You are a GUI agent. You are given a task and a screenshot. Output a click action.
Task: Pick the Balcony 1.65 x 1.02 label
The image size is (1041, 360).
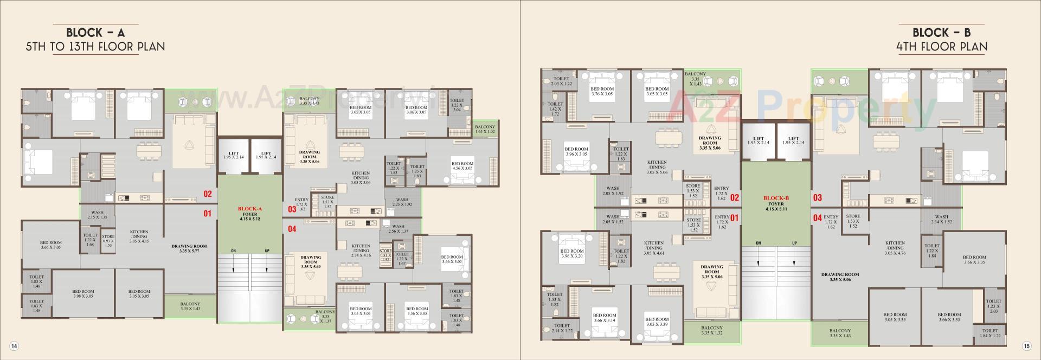(x=485, y=128)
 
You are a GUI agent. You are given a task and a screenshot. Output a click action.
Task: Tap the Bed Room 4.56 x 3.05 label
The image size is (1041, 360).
(x=462, y=166)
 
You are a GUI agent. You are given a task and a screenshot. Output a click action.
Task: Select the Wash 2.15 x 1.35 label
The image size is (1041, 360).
(x=97, y=215)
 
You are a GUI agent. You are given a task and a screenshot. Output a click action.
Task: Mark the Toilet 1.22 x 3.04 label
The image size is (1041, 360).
(x=457, y=105)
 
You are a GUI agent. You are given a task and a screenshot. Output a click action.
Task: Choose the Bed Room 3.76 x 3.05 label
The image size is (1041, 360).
(x=602, y=91)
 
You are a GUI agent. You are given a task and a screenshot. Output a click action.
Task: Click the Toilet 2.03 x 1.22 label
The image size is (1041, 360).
(x=561, y=81)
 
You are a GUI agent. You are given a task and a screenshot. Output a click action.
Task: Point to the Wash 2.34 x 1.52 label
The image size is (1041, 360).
(x=941, y=219)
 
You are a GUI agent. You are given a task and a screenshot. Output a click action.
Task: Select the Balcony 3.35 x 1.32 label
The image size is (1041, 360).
(x=711, y=330)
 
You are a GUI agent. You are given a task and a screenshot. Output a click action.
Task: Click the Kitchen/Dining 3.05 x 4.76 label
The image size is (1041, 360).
(x=895, y=248)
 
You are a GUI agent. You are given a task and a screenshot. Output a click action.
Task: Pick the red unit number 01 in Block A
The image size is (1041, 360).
(x=207, y=214)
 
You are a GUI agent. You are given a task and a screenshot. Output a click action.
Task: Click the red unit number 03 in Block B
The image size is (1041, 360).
(x=817, y=198)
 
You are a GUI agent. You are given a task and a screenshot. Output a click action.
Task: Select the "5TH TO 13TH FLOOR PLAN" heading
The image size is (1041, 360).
(x=95, y=47)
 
